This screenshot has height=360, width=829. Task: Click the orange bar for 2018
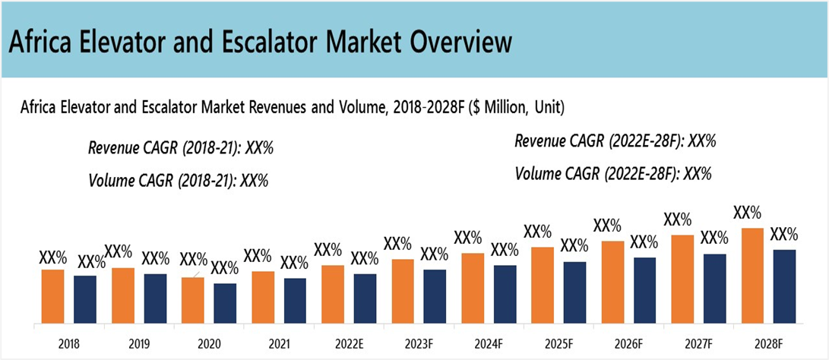(x=52, y=296)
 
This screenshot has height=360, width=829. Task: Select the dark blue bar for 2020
(x=225, y=303)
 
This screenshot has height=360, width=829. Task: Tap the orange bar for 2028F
(x=751, y=276)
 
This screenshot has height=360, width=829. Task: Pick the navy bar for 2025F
(x=574, y=292)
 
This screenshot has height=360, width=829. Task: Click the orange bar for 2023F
(x=403, y=291)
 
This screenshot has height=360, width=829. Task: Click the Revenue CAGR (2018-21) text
(x=181, y=147)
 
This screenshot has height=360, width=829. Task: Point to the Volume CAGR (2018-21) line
(x=179, y=181)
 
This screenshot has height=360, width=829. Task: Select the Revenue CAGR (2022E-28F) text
(x=616, y=141)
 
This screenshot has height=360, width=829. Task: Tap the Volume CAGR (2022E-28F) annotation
(x=613, y=174)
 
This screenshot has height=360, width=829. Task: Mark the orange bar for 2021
(x=262, y=297)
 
